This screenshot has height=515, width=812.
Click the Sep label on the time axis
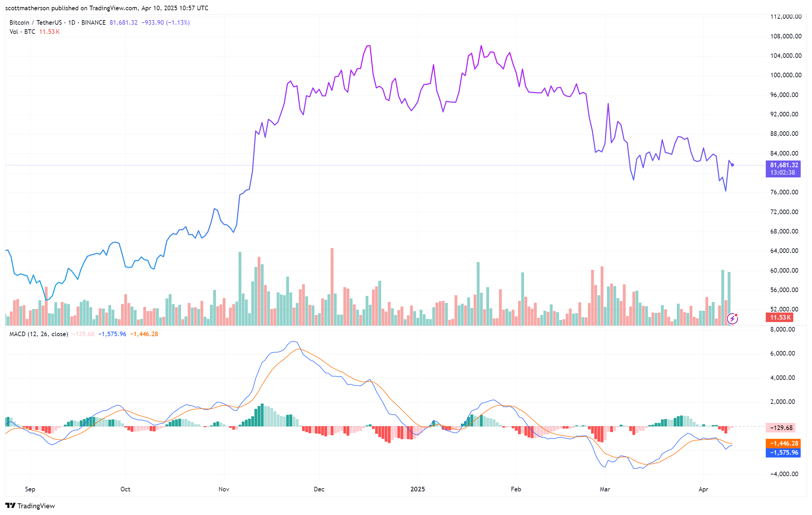click(30, 489)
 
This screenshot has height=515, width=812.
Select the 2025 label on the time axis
click(417, 489)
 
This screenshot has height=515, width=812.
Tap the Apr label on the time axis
click(703, 489)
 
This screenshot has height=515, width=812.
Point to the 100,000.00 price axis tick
click(786, 75)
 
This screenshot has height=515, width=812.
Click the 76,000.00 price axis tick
click(786, 192)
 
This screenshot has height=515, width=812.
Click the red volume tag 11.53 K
click(780, 317)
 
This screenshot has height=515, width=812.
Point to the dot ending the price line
click(732, 165)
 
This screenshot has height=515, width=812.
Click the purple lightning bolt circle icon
click(732, 319)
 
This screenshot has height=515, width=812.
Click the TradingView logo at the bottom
click(30, 506)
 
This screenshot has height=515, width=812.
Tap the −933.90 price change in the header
click(152, 23)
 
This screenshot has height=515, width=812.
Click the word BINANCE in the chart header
click(94, 23)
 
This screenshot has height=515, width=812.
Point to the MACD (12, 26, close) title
click(38, 334)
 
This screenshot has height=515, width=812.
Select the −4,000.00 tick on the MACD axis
click(784, 474)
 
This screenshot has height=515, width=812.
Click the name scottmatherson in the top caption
click(27, 8)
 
